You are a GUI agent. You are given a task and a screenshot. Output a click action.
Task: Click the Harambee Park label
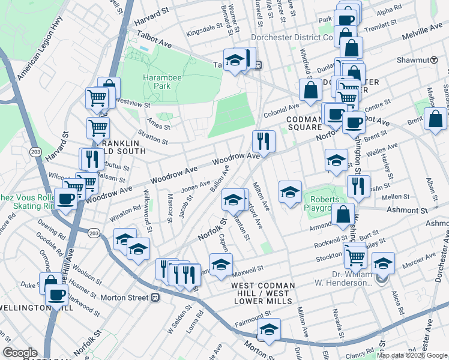click(x=157, y=82)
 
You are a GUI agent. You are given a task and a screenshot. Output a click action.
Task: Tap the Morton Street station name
click(x=127, y=297)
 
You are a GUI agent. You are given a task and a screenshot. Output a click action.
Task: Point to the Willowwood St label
click(x=146, y=208)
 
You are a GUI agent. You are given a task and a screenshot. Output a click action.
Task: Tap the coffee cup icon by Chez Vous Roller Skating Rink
click(x=66, y=199)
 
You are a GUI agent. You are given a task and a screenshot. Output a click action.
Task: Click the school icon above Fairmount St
click(x=269, y=330)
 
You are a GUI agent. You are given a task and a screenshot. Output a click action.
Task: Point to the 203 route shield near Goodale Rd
click(x=93, y=233)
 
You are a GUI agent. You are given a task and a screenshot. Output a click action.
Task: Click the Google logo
click(x=20, y=353)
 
